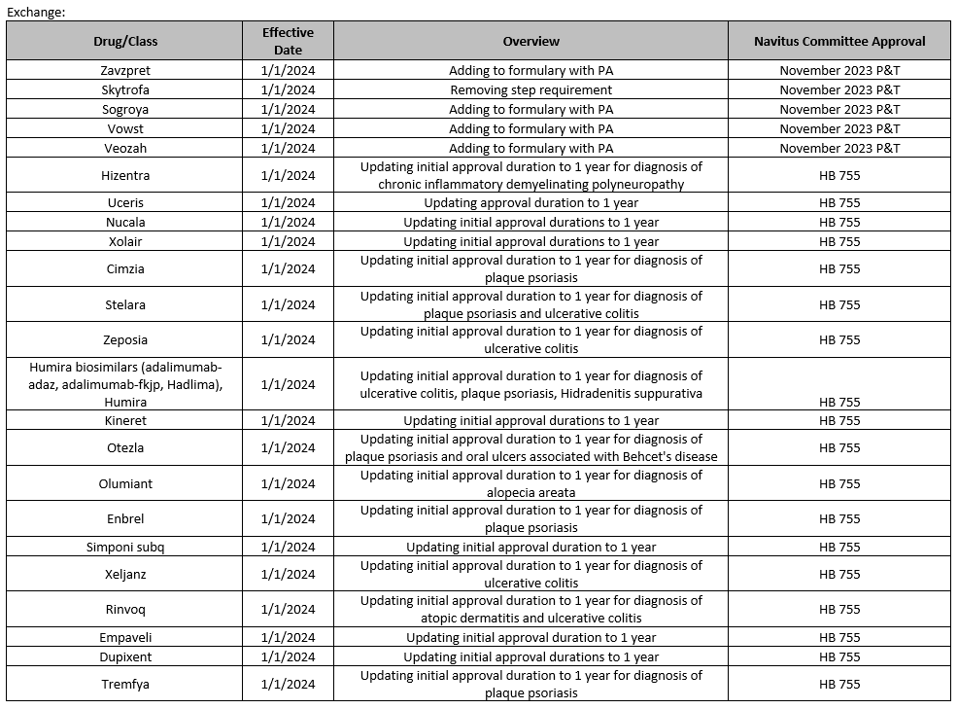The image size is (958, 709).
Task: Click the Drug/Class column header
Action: click(x=125, y=41)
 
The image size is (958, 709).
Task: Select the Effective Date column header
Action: click(x=288, y=41)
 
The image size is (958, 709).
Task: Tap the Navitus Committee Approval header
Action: click(x=839, y=41)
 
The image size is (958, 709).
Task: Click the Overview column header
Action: click(x=530, y=41)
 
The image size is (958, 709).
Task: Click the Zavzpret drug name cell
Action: click(x=125, y=70)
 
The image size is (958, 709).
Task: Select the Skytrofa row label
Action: click(x=125, y=89)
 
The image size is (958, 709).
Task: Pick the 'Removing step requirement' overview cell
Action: click(x=530, y=89)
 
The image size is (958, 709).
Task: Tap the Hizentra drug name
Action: click(x=125, y=175)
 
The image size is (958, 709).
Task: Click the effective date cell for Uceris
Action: click(x=288, y=202)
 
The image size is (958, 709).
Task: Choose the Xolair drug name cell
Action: click(x=125, y=241)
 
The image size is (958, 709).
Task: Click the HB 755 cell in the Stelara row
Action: click(x=839, y=304)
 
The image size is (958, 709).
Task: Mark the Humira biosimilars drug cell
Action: click(x=125, y=384)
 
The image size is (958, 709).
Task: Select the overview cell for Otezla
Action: click(x=530, y=447)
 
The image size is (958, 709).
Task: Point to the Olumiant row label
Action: click(x=125, y=483)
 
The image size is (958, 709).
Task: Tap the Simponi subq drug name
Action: click(x=125, y=547)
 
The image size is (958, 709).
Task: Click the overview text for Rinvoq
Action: click(x=530, y=609)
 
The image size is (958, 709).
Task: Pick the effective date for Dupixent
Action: click(x=288, y=656)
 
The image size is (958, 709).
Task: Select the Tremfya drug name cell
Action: click(x=125, y=684)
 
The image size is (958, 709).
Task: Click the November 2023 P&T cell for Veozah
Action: click(x=839, y=148)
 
